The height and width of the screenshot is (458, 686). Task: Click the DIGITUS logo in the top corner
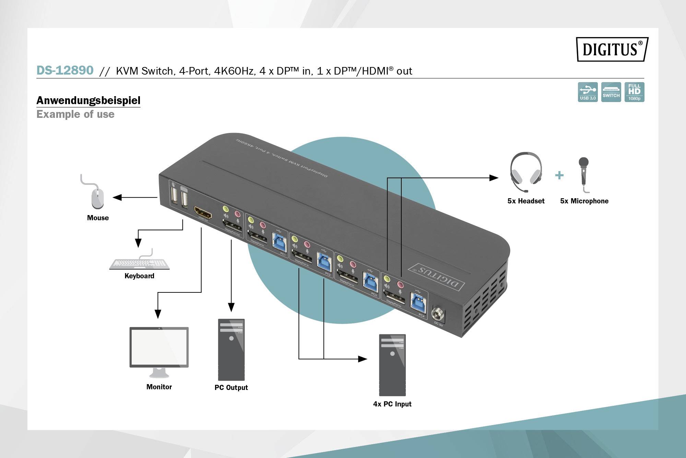(x=612, y=49)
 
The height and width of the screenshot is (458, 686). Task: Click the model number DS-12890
(x=65, y=70)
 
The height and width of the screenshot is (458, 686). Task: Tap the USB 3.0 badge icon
(x=588, y=92)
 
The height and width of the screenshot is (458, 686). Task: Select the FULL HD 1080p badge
(x=634, y=92)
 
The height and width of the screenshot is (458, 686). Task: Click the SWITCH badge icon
(x=611, y=92)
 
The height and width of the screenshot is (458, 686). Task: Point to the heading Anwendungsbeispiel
(x=88, y=100)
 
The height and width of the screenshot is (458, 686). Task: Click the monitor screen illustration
(x=159, y=347)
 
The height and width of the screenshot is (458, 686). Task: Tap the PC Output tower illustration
(x=231, y=349)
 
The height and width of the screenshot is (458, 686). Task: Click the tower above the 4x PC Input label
(x=392, y=365)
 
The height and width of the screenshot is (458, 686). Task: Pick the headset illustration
(x=525, y=172)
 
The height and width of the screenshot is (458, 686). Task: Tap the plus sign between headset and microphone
(x=559, y=175)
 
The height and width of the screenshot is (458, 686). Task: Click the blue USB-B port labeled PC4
(x=418, y=303)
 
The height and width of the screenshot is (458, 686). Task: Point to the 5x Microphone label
(x=584, y=201)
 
